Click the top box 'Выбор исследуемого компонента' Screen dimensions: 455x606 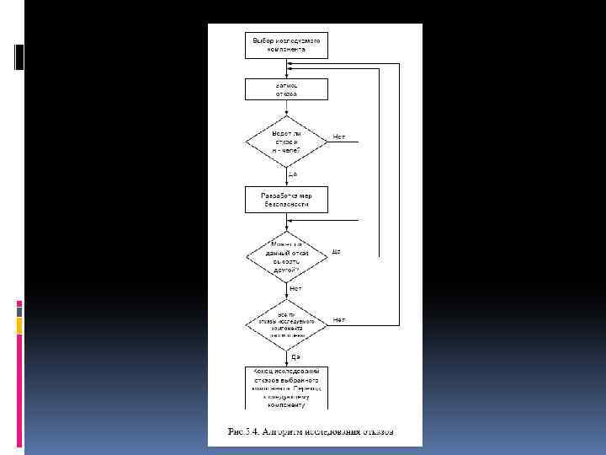286,45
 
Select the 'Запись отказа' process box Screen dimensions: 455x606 286,89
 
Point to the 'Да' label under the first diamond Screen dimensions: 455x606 292,174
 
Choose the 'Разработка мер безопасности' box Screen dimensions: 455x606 286,199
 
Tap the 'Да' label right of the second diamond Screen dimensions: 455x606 336,251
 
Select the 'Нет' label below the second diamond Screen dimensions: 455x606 295,288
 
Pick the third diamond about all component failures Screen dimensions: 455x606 286,325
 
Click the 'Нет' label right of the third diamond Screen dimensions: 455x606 339,319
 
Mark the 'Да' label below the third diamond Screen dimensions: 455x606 295,357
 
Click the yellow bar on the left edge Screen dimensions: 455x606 19,326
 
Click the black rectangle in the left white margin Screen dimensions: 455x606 19,56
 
